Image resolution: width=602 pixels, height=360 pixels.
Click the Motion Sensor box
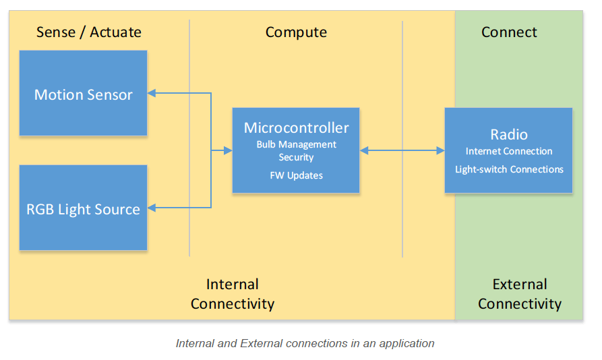click(83, 94)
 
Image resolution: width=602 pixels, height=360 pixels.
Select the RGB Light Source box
click(83, 208)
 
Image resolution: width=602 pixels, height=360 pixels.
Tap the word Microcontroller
click(296, 127)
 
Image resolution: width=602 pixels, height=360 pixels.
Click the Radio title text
click(509, 134)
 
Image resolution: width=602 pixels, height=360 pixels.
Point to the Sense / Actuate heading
click(88, 32)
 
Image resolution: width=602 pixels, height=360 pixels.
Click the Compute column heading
click(296, 32)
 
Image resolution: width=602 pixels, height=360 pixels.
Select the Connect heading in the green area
click(509, 32)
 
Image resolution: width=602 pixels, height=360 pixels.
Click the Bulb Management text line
click(296, 144)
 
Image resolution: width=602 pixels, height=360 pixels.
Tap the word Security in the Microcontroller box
click(296, 157)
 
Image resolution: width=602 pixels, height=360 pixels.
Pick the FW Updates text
click(296, 175)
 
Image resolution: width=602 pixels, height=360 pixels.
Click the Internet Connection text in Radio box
click(509, 151)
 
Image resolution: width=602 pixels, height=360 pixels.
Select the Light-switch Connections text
click(509, 169)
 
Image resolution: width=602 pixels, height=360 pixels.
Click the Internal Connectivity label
click(233, 294)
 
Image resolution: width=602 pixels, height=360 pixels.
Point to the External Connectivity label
click(519, 294)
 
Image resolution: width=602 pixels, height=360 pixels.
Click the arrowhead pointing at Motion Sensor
click(152, 94)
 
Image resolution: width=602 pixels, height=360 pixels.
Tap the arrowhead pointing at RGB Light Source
click(152, 208)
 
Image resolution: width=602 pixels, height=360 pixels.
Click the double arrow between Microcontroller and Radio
click(402, 150)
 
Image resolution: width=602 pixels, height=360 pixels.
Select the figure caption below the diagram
click(305, 343)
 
